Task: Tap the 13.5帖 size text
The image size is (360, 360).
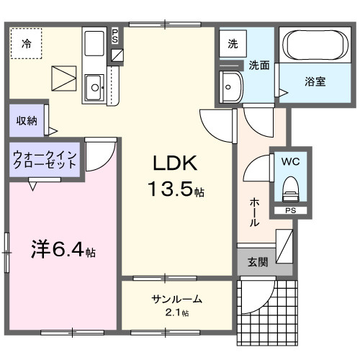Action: click(x=176, y=190)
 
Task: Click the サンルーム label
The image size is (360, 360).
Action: click(x=176, y=300)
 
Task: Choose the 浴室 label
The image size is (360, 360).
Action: click(x=315, y=81)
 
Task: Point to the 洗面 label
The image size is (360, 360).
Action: click(x=259, y=65)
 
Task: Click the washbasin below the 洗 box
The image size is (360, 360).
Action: click(x=231, y=88)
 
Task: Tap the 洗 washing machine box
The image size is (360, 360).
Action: click(x=233, y=44)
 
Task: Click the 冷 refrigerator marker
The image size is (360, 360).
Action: click(x=26, y=43)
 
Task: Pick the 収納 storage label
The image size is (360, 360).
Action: click(x=27, y=120)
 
